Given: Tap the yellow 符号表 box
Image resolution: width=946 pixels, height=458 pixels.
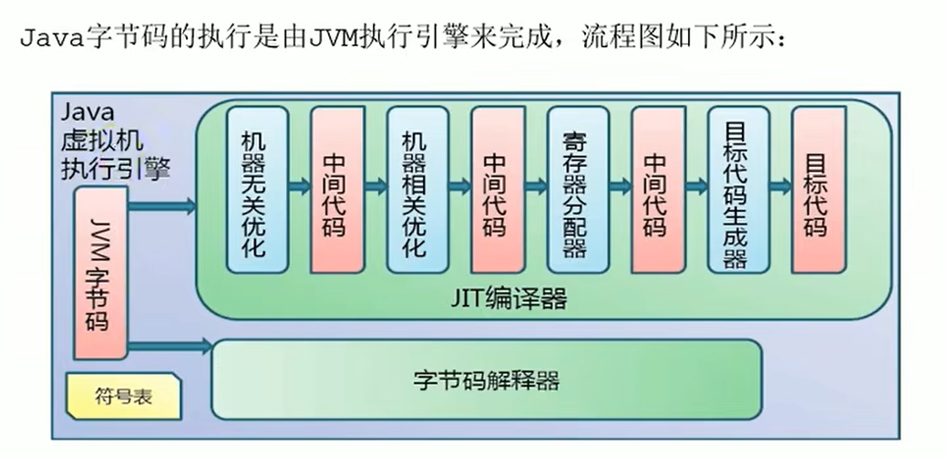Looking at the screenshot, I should click(x=121, y=396).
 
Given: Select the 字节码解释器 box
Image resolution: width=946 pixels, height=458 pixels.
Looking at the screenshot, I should click(x=486, y=379).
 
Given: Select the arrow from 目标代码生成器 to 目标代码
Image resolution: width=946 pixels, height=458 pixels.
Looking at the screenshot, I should click(x=780, y=186).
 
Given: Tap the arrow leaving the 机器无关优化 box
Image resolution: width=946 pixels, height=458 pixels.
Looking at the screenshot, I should click(x=299, y=186).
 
